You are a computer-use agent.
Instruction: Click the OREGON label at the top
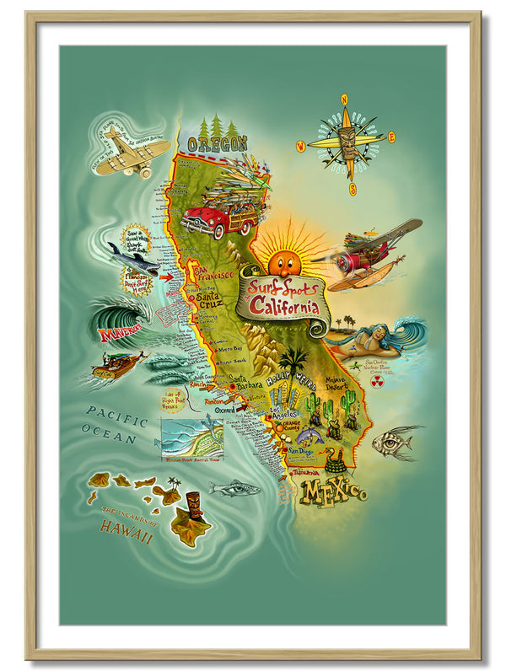[217, 143]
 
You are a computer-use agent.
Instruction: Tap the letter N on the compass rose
[344, 99]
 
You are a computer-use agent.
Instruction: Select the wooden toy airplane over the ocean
[131, 153]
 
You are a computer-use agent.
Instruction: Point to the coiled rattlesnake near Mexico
[336, 460]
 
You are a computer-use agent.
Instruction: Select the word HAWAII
[126, 528]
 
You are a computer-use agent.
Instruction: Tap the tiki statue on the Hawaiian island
[193, 506]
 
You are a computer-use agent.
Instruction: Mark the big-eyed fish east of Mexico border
[396, 442]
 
